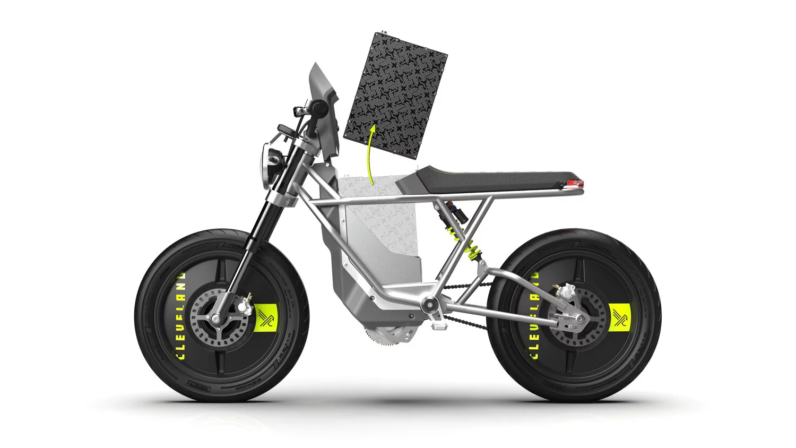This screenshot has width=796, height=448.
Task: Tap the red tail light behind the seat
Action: pos(574,183)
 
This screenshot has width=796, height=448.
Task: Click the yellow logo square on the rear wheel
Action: pos(618,317)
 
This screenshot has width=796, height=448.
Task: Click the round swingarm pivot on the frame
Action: pos(428,305)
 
